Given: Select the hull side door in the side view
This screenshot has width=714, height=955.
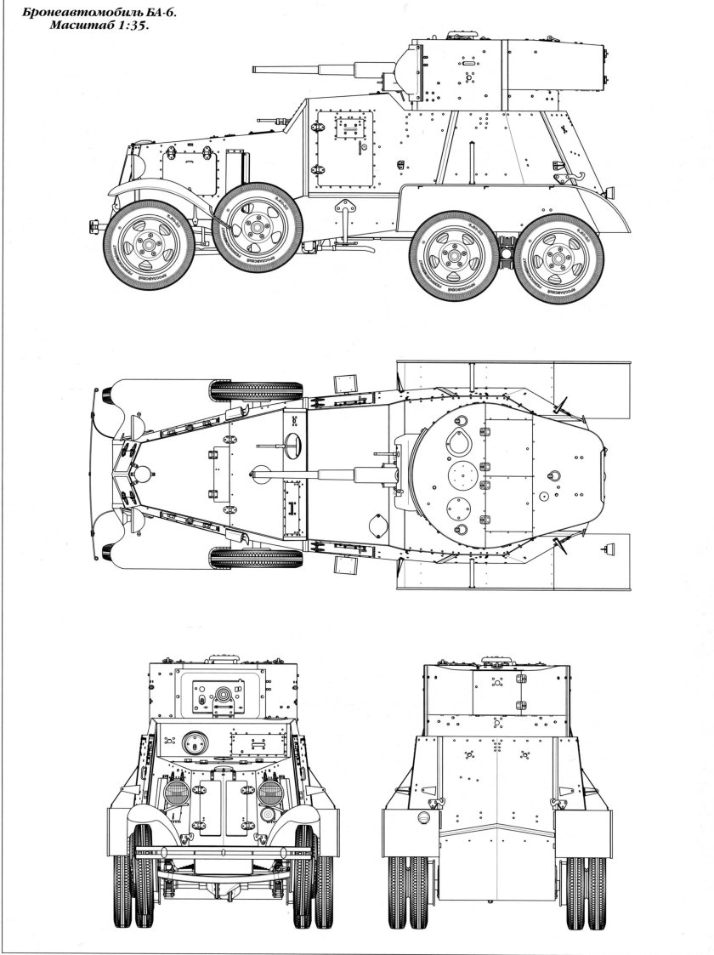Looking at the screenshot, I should (x=344, y=152).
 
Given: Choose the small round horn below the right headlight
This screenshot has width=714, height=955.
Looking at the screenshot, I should (x=268, y=815).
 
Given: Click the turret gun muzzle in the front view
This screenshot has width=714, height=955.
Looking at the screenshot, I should (x=224, y=694).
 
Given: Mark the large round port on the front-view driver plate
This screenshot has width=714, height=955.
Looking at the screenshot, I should (x=194, y=741).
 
